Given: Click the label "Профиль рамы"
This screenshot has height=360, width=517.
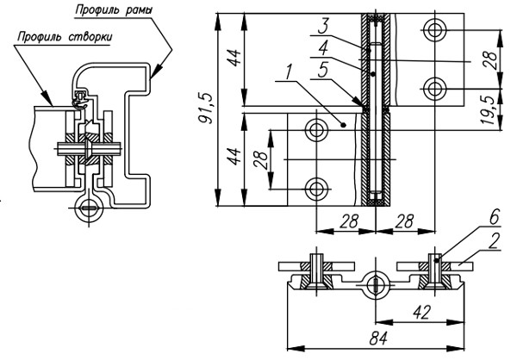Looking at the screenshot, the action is coord(114,9).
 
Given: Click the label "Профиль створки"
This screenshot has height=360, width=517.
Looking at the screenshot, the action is coord(65,36).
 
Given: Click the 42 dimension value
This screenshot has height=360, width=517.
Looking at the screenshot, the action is coord(421,312).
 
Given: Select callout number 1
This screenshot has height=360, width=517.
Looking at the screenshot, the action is coord(289,72).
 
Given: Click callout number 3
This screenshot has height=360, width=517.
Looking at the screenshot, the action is coord(323,27).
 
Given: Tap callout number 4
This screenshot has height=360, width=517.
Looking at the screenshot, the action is coord(323,49).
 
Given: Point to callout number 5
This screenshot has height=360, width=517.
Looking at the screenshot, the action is coord(323,71).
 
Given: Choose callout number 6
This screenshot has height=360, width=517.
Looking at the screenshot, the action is coord(494,218).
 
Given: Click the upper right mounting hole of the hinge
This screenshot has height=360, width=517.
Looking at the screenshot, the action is coord(435,30).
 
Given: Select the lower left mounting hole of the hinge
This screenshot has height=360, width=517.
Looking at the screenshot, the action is coord(316,189).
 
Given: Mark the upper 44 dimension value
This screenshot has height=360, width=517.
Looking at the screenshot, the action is coord(234,58).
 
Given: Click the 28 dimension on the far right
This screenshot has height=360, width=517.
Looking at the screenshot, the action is coord(492,59).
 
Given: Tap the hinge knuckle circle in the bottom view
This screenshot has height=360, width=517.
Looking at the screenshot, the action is coord(376,285).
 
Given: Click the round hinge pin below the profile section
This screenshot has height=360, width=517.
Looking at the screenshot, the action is coord(89,208).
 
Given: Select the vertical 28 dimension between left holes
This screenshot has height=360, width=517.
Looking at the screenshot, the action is coord(262,160).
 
